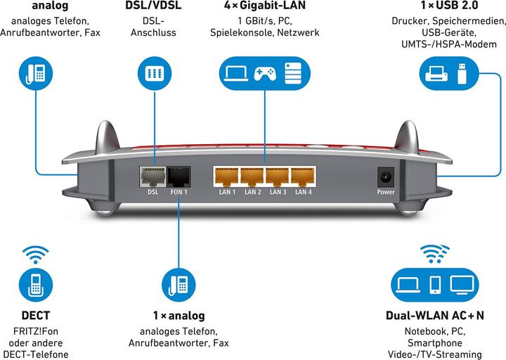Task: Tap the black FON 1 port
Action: tap(179, 176)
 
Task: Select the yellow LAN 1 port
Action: tap(227, 176)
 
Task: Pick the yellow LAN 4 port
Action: tap(302, 176)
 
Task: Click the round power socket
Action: tap(385, 176)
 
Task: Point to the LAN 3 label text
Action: tap(278, 192)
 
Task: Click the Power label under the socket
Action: tap(386, 192)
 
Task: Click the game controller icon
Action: tap(264, 73)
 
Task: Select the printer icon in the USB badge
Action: tap(435, 72)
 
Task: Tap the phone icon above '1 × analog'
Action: tap(179, 284)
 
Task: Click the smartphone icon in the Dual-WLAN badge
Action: tap(435, 285)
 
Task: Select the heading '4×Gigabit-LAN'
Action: tap(264, 6)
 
